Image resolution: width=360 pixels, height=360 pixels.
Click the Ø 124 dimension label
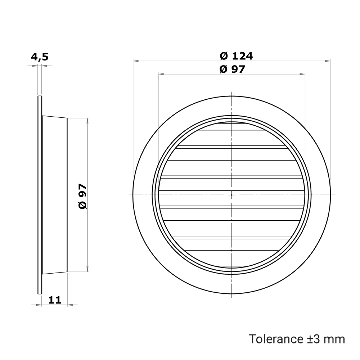coord(236,56)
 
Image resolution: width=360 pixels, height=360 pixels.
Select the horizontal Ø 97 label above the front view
coord(232,69)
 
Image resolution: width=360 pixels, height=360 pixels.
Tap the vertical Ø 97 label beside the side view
coord(83,196)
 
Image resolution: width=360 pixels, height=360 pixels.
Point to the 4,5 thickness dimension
coord(40,57)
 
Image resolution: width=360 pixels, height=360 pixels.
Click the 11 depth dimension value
coord(55,300)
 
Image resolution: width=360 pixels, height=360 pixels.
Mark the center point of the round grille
coord(231,195)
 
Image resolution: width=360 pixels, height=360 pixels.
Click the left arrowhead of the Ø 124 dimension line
coord(136,61)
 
